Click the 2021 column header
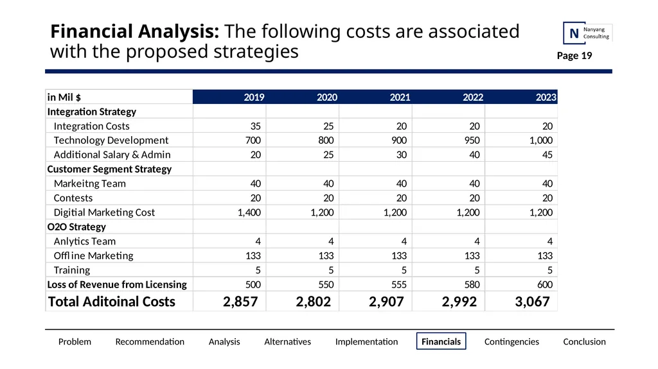tap(400, 98)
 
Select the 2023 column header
tap(546, 98)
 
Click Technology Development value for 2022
tap(472, 140)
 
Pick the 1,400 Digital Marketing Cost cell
tap(249, 212)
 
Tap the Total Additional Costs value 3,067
tap(532, 302)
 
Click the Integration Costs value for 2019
tap(255, 126)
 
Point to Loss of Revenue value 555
tap(398, 284)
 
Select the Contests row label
tap(73, 198)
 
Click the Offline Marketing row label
tap(94, 256)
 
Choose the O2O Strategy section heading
tap(76, 227)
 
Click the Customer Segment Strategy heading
tap(109, 169)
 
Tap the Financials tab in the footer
tap(441, 341)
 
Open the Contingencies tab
tap(511, 342)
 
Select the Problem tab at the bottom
tap(75, 342)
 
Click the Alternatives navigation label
tap(287, 342)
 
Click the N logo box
tap(574, 33)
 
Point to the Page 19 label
tap(574, 56)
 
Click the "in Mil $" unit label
tap(64, 98)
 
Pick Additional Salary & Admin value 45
tap(547, 155)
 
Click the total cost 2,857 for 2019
tap(240, 302)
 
